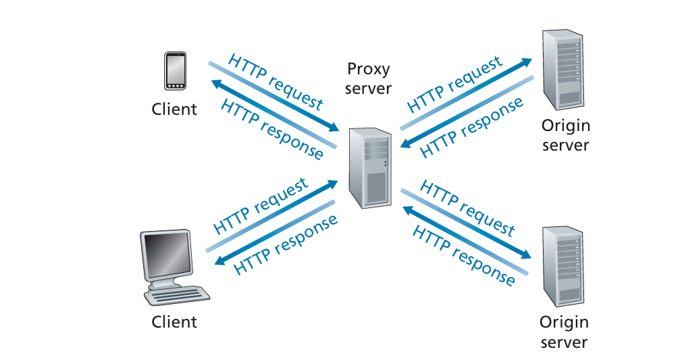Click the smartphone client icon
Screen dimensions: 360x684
174,71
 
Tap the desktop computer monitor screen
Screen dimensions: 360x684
165,253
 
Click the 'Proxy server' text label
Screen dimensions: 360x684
368,78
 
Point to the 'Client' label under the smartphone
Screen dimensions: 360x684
174,109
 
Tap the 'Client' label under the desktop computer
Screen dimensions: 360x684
174,322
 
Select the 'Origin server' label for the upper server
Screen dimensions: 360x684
565,135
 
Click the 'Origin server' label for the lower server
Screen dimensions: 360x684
564,332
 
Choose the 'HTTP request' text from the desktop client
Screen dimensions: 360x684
261,205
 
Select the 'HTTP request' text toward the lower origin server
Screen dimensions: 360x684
467,207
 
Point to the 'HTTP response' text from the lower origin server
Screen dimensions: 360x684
463,255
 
